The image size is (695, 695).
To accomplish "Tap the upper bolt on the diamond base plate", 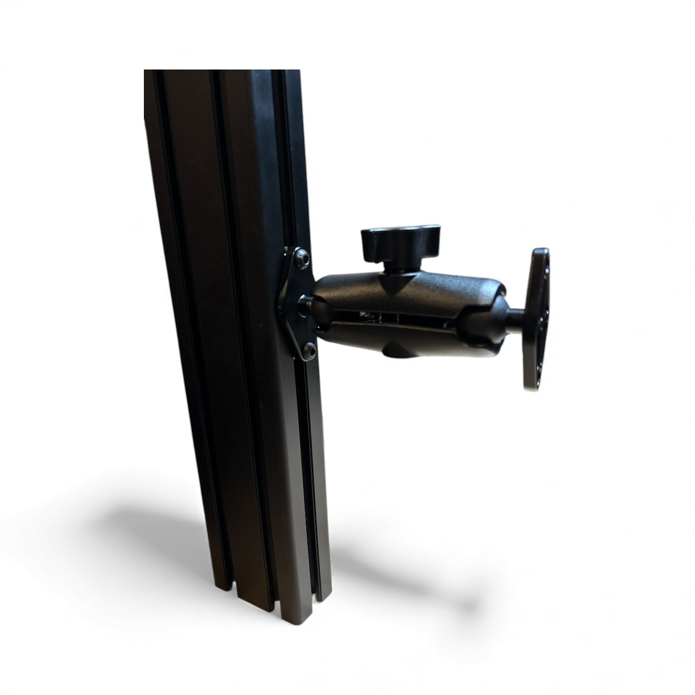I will (301, 261).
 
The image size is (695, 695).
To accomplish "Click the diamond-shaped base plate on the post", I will (296, 304).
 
